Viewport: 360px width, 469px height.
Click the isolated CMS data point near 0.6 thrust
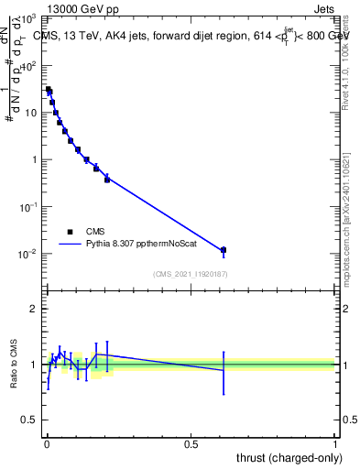coord(224,250)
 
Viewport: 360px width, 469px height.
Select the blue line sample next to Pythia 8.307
coord(70,245)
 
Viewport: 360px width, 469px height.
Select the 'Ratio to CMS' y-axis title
coord(14,364)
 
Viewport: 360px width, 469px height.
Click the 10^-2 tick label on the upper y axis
coord(27,254)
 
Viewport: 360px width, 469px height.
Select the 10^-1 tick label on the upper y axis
coord(27,207)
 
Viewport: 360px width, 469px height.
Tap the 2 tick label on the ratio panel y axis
coord(34,309)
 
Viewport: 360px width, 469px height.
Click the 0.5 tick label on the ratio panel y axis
coord(30,420)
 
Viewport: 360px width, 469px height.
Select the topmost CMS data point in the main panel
coord(49,89)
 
